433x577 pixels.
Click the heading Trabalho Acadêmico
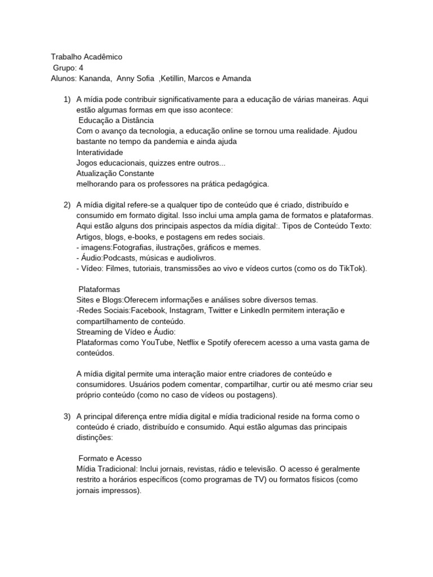(86, 57)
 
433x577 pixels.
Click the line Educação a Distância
(116, 121)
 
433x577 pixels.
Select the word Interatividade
(100, 152)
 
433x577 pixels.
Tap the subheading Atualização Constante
(115, 174)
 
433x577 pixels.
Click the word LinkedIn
(273, 311)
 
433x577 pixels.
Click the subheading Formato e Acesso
(110, 459)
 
